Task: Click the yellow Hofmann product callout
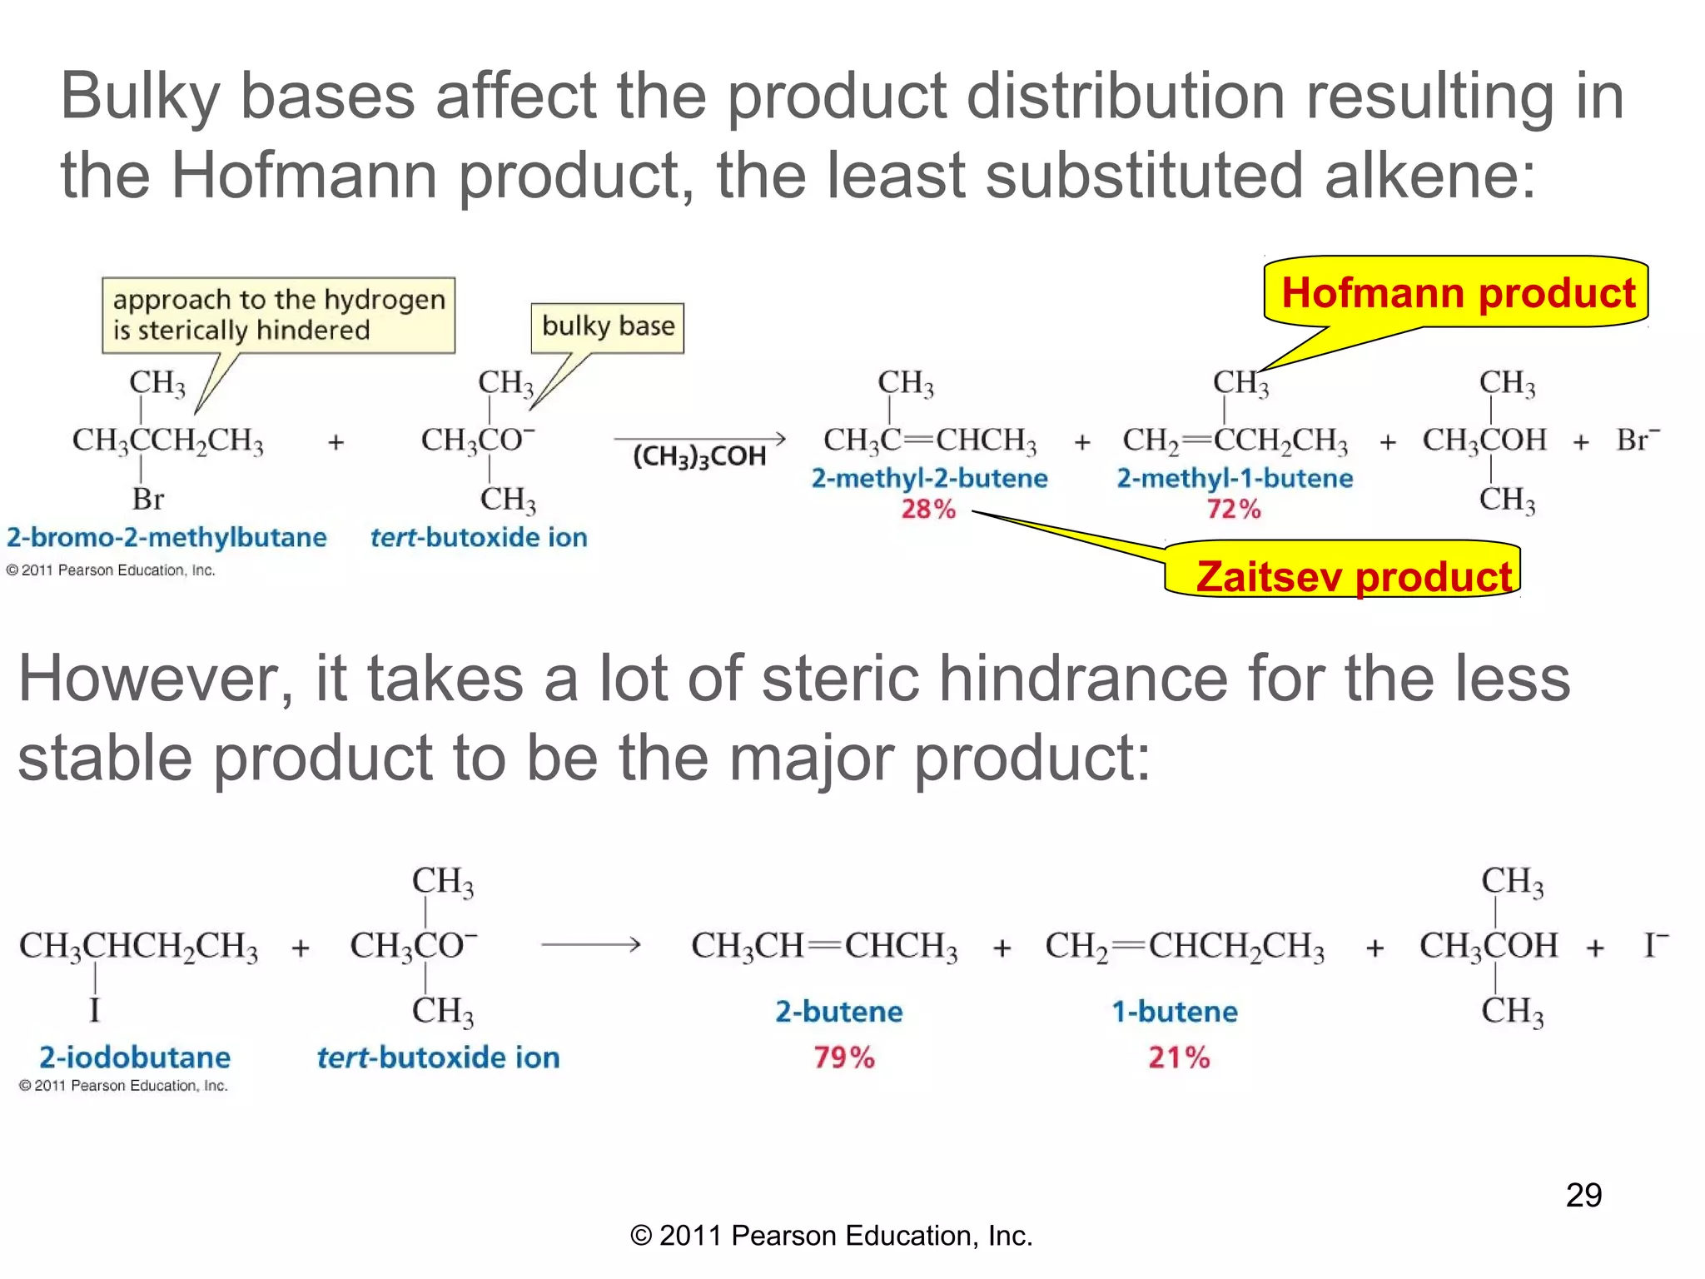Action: click(1457, 293)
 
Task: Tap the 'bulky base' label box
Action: click(608, 326)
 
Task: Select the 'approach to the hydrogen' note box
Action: click(279, 315)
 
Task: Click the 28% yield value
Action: click(928, 509)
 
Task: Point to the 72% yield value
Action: click(1234, 509)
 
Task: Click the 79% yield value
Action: click(844, 1058)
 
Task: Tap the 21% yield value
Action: click(1179, 1058)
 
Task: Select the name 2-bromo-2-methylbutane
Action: click(167, 538)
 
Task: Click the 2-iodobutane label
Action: click(135, 1058)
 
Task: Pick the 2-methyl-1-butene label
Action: click(1235, 479)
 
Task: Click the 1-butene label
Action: click(1175, 1012)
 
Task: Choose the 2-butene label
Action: click(839, 1012)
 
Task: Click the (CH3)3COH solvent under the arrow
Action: click(699, 457)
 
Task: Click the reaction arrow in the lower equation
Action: click(591, 945)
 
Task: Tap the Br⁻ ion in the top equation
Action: click(1637, 440)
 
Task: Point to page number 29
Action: click(1583, 1196)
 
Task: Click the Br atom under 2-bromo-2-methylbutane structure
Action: click(148, 500)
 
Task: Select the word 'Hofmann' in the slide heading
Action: click(304, 176)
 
